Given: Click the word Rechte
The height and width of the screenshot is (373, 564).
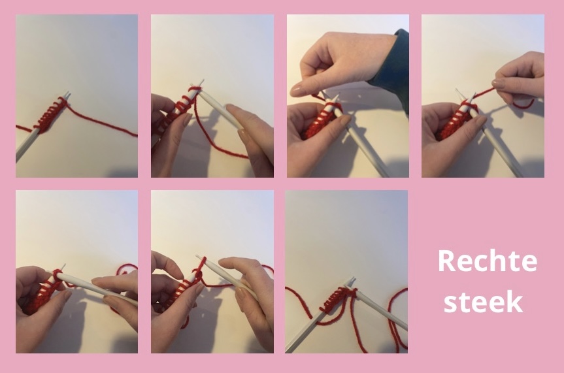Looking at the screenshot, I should point(487,261).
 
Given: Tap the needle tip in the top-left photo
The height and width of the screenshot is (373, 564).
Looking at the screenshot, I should point(68,93).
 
